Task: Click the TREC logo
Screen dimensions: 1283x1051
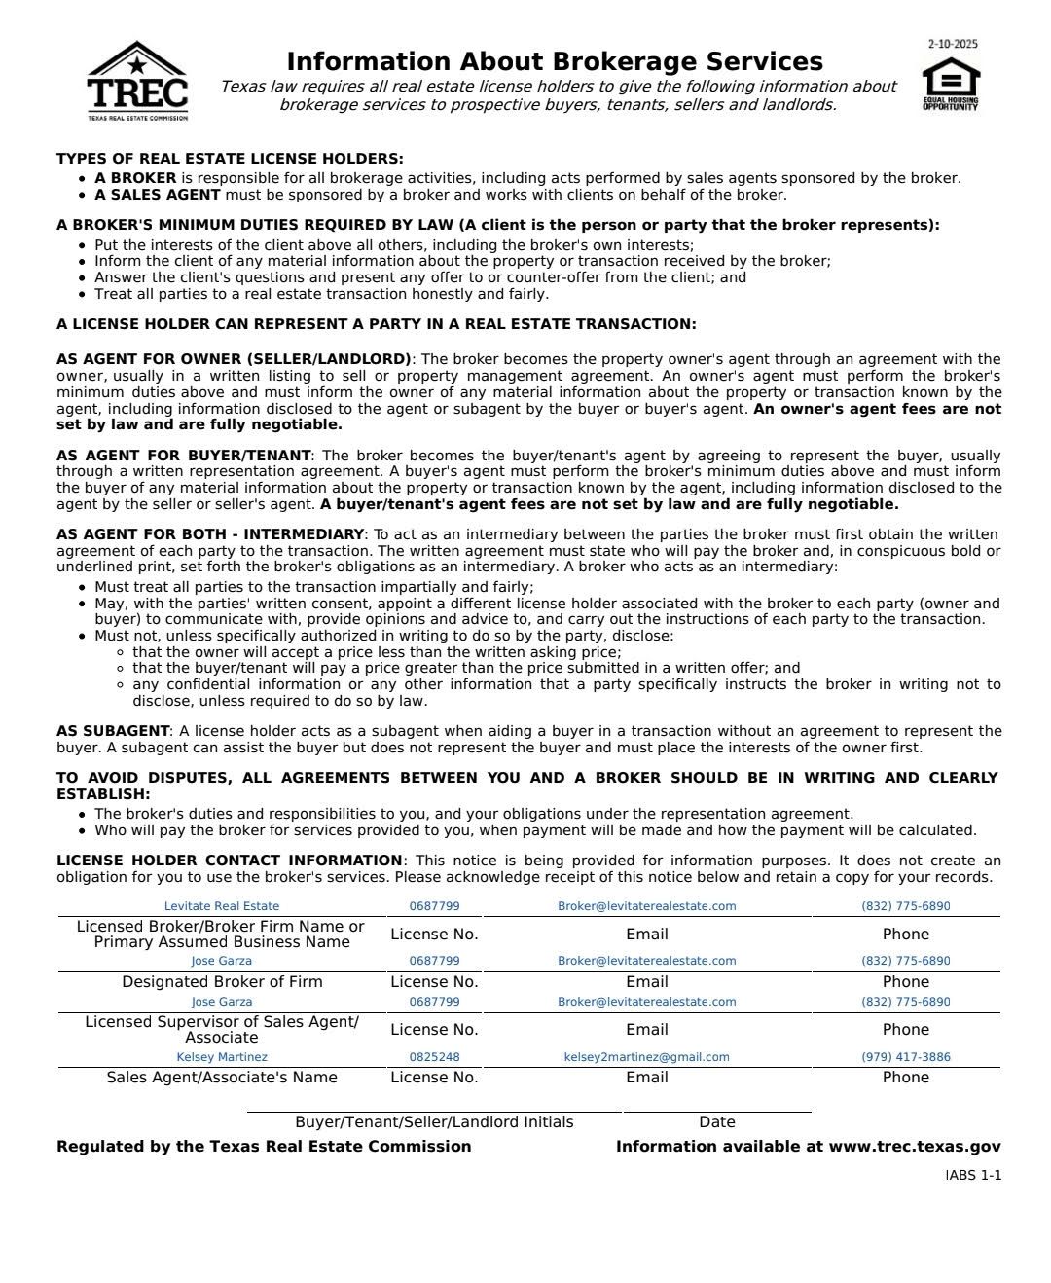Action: (x=137, y=82)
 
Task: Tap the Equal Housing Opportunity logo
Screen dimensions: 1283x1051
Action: (x=950, y=85)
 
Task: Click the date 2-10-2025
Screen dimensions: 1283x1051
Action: (x=953, y=44)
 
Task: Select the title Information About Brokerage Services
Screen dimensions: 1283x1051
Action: (x=555, y=61)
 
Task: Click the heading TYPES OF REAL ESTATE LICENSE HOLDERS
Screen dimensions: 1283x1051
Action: (x=230, y=159)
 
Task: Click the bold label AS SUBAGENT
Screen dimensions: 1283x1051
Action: (x=113, y=731)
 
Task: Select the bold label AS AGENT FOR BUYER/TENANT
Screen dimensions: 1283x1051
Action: (x=184, y=456)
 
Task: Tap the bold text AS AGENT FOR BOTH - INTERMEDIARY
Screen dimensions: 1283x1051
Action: (x=210, y=534)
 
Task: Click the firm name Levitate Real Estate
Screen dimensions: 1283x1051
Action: (x=222, y=906)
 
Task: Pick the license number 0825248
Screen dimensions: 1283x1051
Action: (x=434, y=1057)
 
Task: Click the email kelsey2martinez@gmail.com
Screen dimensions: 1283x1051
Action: (x=646, y=1057)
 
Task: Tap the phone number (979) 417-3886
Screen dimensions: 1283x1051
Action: (x=906, y=1057)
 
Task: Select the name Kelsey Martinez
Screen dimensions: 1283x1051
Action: (x=222, y=1057)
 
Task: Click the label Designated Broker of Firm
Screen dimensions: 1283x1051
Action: (x=222, y=982)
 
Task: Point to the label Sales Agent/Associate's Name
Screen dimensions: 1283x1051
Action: (x=222, y=1078)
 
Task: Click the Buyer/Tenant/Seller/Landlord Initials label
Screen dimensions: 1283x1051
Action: (x=434, y=1122)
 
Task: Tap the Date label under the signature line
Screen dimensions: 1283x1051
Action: (x=717, y=1122)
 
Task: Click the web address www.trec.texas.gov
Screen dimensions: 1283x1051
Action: (x=915, y=1147)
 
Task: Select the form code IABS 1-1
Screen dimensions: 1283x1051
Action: (x=973, y=1176)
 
